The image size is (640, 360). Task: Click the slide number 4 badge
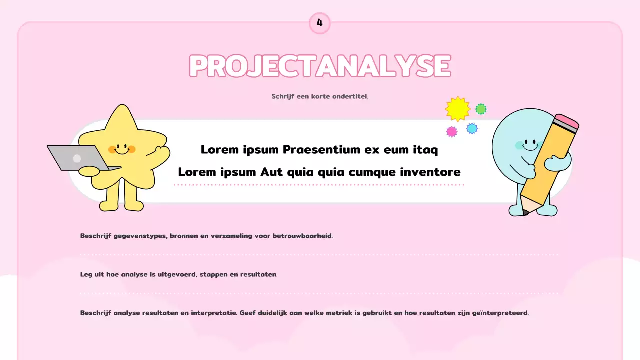320,23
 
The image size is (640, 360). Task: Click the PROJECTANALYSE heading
320,66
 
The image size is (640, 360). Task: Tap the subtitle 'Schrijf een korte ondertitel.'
320,96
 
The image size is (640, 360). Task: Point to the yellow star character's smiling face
122,148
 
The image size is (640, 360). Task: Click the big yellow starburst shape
458,109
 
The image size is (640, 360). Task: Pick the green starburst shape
481,109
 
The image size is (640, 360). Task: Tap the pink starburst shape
452,132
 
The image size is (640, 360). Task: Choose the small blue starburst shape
472,128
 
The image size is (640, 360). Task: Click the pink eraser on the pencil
567,122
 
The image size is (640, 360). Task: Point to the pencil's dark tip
525,213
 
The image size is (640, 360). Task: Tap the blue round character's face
527,145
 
